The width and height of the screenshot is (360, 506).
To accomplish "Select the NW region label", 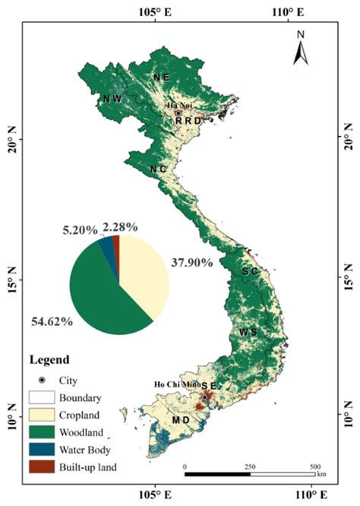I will coord(112,99).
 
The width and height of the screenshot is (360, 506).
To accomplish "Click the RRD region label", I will coord(188,120).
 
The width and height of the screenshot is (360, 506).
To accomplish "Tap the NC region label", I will coord(158,168).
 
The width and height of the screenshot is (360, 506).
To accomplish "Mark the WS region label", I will coord(248,332).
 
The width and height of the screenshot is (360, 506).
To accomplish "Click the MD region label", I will coord(181,419).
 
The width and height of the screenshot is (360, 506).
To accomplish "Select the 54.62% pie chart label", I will coord(52,321).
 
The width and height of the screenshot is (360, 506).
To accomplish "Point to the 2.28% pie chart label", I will coord(120,226).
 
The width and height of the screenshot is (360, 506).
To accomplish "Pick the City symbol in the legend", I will coord(43,378).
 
